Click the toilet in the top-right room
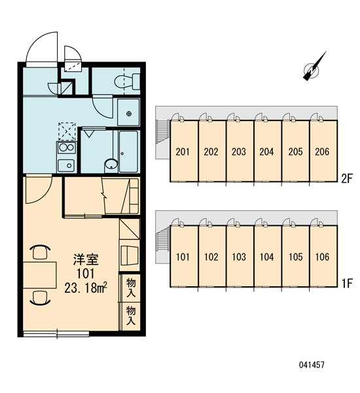[x=127, y=81]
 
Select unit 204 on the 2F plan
[x=268, y=151]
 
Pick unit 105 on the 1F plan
[x=296, y=256]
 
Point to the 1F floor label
[x=347, y=284]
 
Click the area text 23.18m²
[x=86, y=288]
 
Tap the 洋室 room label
[x=86, y=259]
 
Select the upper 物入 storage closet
[x=130, y=288]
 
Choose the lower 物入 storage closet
[x=130, y=316]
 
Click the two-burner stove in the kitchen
[x=66, y=147]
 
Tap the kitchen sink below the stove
[x=66, y=166]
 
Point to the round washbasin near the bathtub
[x=111, y=164]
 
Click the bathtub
[x=128, y=151]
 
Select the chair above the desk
[x=40, y=252]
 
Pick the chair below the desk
[x=40, y=297]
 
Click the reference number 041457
[x=312, y=365]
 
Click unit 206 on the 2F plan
[x=323, y=151]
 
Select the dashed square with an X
[x=67, y=132]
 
